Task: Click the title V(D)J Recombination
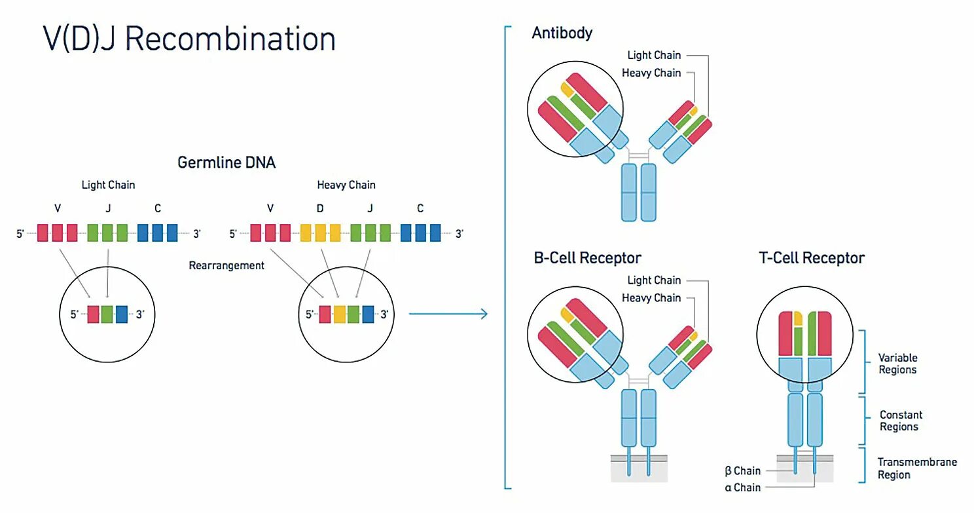[189, 39]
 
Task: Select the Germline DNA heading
[226, 162]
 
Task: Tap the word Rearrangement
[226, 265]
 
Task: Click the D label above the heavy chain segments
[320, 208]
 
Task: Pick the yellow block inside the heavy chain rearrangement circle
[339, 314]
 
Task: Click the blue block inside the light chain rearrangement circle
[122, 314]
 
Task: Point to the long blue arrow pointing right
[448, 314]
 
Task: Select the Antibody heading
[562, 33]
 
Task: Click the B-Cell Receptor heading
[588, 258]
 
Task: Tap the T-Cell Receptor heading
[812, 258]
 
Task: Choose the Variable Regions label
[897, 364]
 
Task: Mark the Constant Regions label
[901, 421]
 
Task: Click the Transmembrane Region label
[917, 468]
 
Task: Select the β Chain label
[742, 470]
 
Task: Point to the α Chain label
[742, 487]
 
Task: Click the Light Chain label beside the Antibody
[654, 55]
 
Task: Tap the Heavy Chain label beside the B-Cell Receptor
[651, 297]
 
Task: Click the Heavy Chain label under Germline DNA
[346, 185]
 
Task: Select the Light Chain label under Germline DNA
[108, 185]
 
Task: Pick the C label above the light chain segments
[158, 208]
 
